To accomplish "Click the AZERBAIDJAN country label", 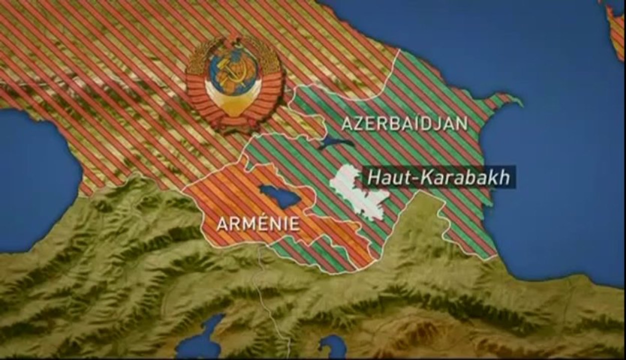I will (404, 123).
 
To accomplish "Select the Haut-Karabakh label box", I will (438, 177).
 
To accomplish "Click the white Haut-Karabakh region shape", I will (358, 193).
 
